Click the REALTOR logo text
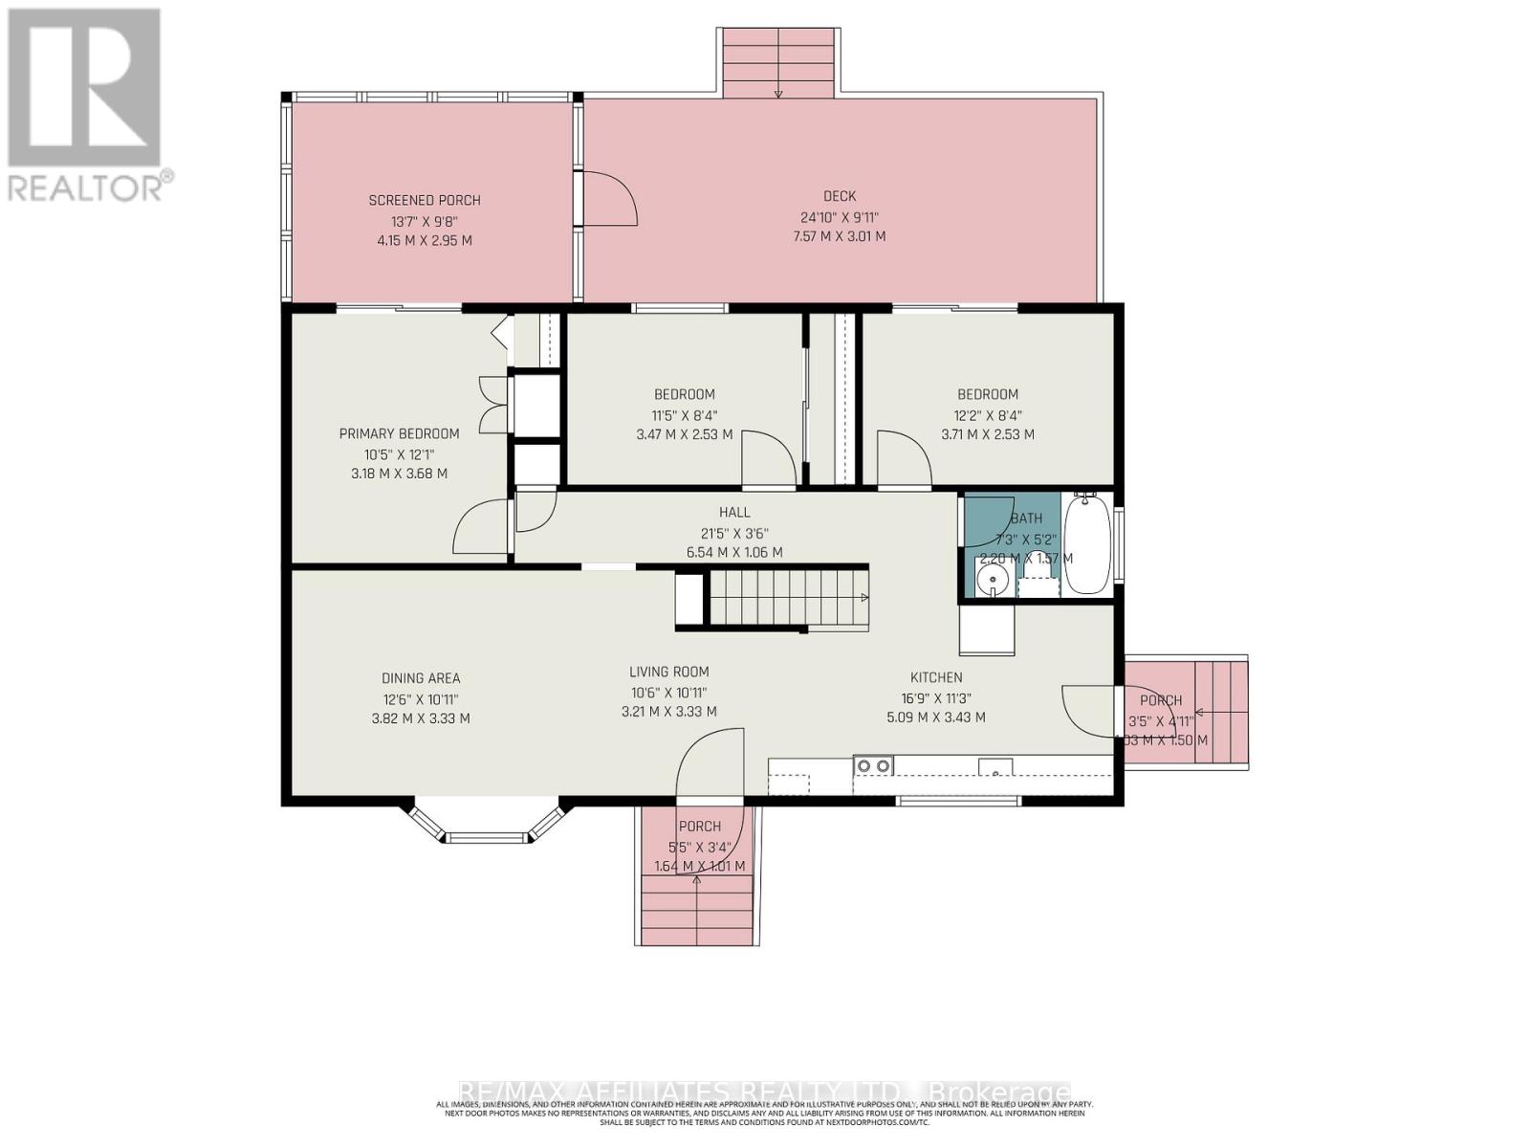pyautogui.click(x=91, y=186)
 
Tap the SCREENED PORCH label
pyautogui.click(x=425, y=200)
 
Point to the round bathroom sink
pyautogui.click(x=994, y=579)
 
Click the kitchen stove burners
pyautogui.click(x=874, y=764)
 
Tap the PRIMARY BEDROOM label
pyautogui.click(x=399, y=433)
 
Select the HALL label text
pyautogui.click(x=734, y=512)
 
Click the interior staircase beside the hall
pyautogui.click(x=786, y=597)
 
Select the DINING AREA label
pyautogui.click(x=421, y=678)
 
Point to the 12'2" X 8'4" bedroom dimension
pyautogui.click(x=988, y=415)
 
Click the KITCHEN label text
pyautogui.click(x=936, y=677)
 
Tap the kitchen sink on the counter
pyautogui.click(x=995, y=765)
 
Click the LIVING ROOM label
pyautogui.click(x=668, y=672)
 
